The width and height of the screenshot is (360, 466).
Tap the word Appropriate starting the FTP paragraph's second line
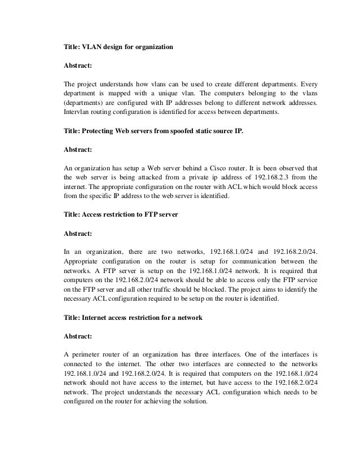(x=83, y=261)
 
